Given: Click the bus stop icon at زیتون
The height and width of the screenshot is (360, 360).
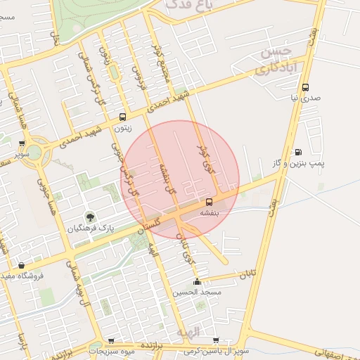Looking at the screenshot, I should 123,117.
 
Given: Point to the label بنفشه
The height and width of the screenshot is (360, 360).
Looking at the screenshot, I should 210,212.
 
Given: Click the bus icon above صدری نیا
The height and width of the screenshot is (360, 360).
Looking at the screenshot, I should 305,88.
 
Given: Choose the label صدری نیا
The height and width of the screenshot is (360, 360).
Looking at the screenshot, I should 305,98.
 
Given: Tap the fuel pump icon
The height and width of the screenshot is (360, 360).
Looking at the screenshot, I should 298,152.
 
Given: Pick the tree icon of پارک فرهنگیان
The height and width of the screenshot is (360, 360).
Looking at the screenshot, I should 89,216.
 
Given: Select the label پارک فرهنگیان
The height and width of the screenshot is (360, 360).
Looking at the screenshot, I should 90,229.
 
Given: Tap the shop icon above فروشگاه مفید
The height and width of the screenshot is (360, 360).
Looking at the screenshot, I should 21,265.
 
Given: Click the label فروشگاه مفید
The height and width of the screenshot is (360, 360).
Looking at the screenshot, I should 22,276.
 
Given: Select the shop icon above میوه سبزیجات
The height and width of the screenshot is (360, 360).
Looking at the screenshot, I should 110,340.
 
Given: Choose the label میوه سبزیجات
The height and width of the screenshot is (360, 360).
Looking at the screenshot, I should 111,350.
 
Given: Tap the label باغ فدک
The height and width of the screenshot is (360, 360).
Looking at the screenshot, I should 186,5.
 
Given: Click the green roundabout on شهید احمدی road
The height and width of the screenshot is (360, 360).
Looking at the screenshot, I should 34,151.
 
